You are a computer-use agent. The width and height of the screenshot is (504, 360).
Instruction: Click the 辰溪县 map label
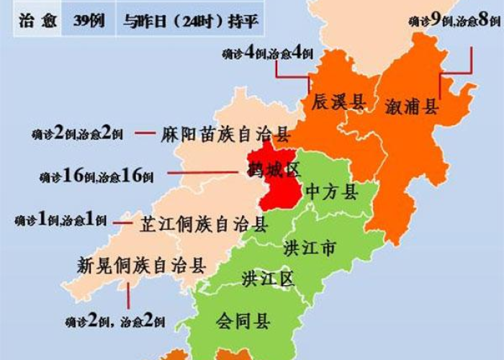click(x=338, y=102)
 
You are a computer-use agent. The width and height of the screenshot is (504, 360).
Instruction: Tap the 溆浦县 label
click(x=412, y=107)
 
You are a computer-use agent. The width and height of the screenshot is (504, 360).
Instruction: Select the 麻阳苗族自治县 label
click(x=225, y=135)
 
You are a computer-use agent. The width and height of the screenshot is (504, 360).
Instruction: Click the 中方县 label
click(x=332, y=192)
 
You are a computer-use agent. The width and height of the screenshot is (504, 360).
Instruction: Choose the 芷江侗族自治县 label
click(x=204, y=224)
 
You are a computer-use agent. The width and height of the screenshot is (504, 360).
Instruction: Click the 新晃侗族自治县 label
click(x=142, y=266)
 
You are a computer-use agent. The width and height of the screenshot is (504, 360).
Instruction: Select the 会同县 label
click(x=243, y=321)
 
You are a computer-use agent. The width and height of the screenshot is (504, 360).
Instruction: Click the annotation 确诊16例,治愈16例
click(x=96, y=175)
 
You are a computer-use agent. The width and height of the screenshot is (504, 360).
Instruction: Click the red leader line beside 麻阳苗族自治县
click(x=146, y=133)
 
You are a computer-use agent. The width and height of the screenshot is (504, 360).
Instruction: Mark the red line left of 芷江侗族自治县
click(x=125, y=223)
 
